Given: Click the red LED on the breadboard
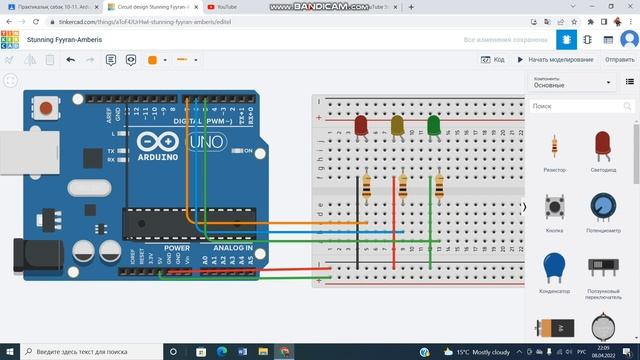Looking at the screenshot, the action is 361,125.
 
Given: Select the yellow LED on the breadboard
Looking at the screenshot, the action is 397,125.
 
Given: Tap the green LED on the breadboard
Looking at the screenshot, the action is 433,125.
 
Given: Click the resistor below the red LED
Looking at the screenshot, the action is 367,185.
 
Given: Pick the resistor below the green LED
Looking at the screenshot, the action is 438,185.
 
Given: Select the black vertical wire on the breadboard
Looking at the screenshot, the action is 359,215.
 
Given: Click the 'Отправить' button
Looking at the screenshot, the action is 619,60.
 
